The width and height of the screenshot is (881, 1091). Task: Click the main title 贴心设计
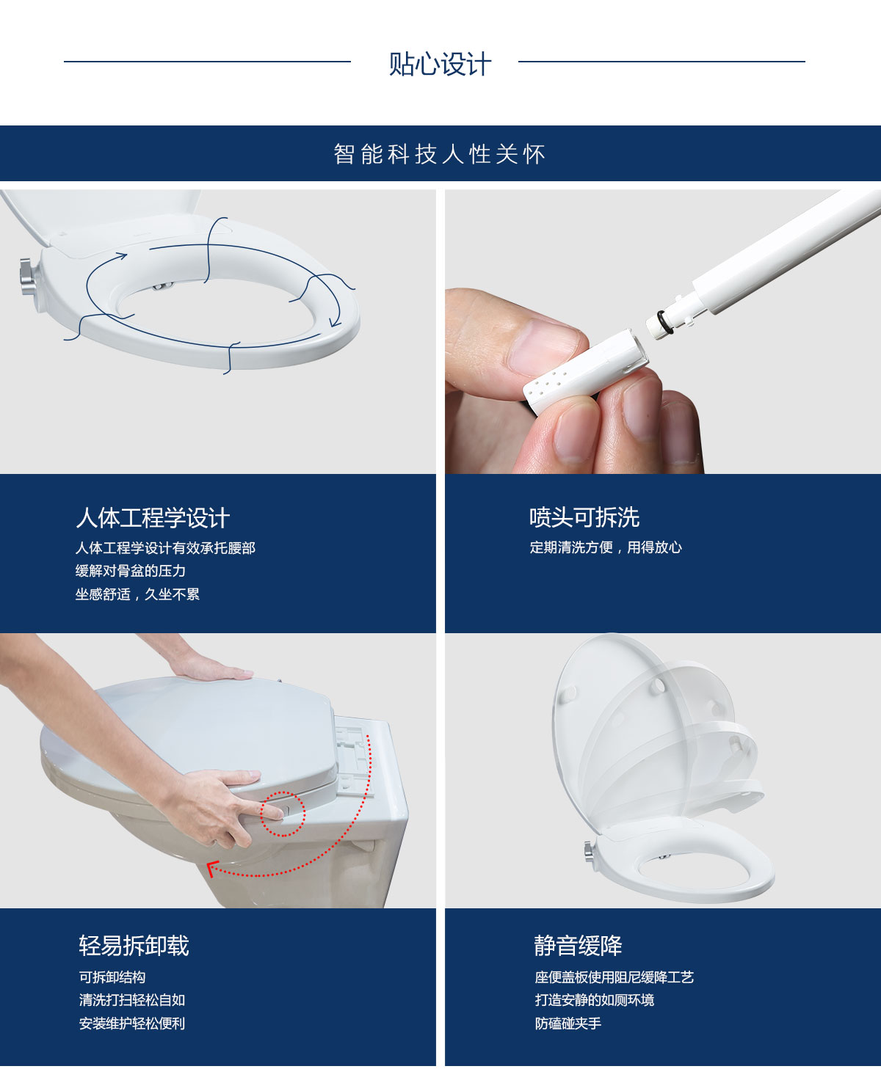[440, 64]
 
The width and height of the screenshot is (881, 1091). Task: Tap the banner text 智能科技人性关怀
[440, 154]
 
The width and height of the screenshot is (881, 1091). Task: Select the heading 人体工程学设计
[153, 517]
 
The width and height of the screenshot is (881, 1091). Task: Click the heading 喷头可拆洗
[584, 517]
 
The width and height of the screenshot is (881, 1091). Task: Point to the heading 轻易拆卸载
[134, 946]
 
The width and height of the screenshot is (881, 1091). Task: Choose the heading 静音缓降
[578, 946]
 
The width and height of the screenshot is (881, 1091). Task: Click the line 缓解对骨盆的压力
[131, 571]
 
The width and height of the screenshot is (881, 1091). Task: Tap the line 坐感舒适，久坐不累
[137, 594]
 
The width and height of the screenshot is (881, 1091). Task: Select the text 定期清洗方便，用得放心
[606, 547]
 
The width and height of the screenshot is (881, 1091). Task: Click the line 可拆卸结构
[112, 977]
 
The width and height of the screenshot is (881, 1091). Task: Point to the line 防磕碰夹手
[568, 1024]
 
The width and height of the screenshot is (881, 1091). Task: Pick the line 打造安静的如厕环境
[594, 1000]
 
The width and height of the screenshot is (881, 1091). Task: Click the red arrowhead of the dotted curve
[212, 869]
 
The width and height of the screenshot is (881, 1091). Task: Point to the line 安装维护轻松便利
[132, 1024]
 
